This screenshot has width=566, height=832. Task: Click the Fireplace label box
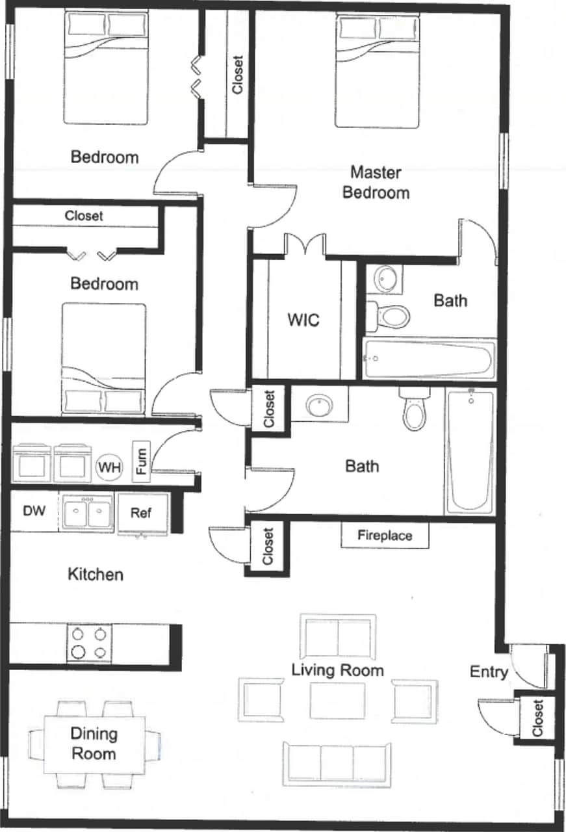coord(385,536)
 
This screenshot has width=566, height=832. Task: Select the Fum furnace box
coord(141,461)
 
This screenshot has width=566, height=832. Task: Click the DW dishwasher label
coord(34,512)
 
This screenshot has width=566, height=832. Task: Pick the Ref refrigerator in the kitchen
coord(142,513)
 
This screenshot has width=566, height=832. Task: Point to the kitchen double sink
coord(87,513)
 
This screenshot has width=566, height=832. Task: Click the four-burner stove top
coord(88,643)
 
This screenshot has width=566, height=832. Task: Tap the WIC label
coord(303,320)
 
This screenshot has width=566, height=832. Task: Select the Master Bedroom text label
coord(376,183)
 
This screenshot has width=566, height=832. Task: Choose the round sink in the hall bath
coord(319,406)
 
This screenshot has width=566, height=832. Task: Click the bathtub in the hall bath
coord(470,451)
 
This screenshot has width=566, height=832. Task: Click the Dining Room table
coord(94,744)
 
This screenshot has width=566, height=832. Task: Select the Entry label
coord(489,671)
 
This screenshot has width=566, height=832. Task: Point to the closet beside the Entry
coord(537,718)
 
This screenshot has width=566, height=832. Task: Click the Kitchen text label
coord(96,575)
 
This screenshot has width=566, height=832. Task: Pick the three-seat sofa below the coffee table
coord(337,763)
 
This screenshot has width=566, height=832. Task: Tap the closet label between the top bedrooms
coord(238,74)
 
